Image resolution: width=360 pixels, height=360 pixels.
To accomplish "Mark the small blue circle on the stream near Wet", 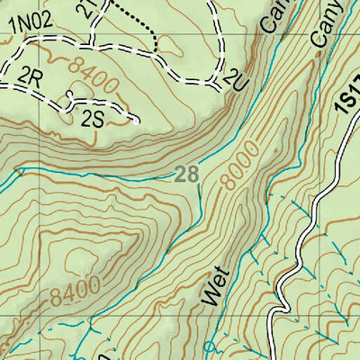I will (211, 346).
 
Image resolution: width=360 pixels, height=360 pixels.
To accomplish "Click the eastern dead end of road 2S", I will (137, 121).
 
